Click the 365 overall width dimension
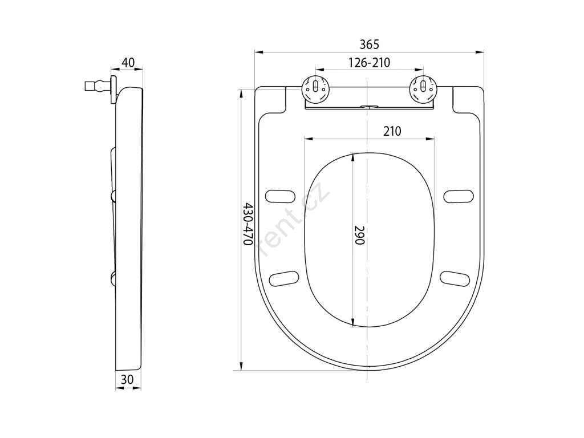(369, 44)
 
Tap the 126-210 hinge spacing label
(369, 63)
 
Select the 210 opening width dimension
(392, 131)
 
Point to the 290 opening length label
(359, 235)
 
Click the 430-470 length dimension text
(248, 224)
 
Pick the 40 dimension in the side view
(128, 63)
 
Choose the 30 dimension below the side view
(127, 379)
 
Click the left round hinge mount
(315, 88)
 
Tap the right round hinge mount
(422, 88)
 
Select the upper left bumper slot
(280, 197)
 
